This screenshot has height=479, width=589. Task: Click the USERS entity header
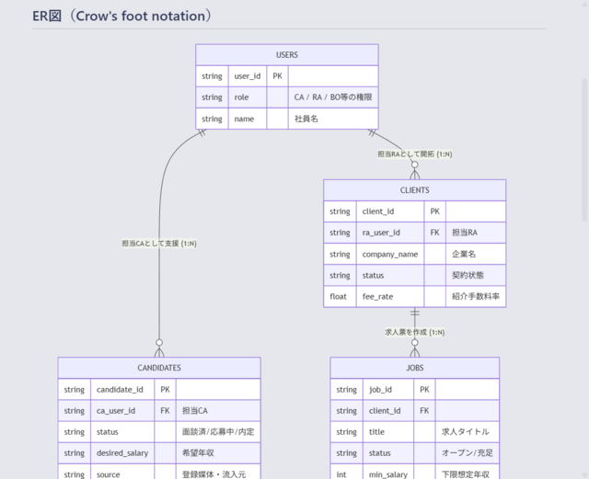(287, 55)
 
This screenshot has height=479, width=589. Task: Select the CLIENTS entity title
(415, 190)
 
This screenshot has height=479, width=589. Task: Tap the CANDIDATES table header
(159, 368)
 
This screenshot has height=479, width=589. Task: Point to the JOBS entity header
(415, 368)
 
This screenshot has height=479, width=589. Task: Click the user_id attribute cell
(248, 76)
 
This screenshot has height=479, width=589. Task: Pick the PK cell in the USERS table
(278, 76)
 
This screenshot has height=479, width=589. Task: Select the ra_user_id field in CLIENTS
(390, 233)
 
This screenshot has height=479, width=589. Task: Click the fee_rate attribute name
(390, 297)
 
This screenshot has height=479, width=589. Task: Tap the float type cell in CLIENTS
(340, 297)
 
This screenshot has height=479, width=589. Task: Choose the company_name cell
(390, 254)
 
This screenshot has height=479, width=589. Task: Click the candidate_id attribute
(122, 390)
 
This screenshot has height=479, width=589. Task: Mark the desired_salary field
(122, 453)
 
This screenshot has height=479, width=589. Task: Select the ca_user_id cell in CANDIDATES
(122, 411)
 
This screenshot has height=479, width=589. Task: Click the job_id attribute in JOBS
(388, 390)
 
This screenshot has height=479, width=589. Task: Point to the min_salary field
(388, 474)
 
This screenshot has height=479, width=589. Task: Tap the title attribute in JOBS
(388, 432)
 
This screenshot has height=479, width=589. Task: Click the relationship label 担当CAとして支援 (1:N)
(159, 244)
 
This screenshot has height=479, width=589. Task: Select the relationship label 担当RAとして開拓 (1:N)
(415, 154)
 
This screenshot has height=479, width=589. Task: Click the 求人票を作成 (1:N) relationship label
(415, 332)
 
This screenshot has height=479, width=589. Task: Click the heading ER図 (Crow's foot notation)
(122, 17)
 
